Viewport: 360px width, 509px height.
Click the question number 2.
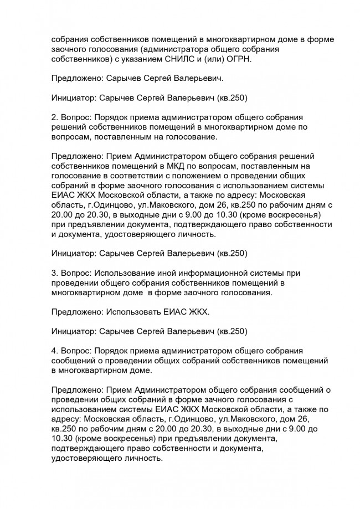click(54, 117)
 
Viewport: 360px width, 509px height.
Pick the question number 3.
click(54, 273)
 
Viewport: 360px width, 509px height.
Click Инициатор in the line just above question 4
click(72, 332)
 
